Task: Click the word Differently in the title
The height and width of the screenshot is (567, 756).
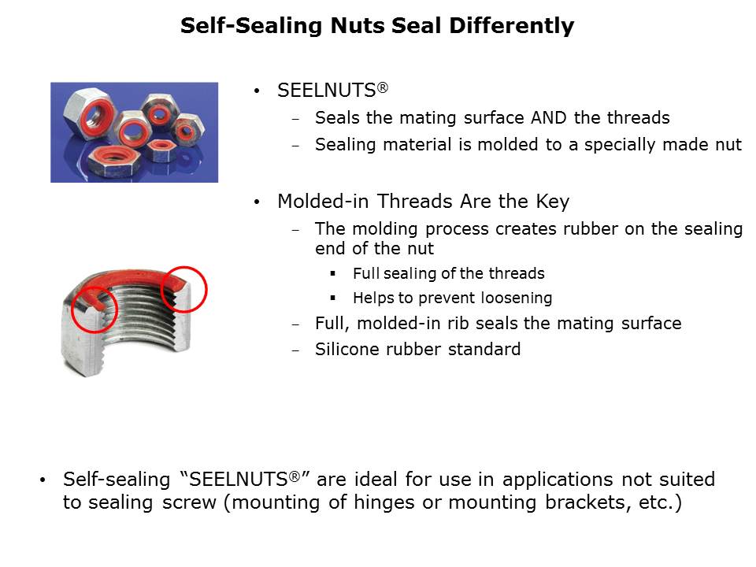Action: pyautogui.click(x=512, y=26)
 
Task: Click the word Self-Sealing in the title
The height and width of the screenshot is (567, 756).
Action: pyautogui.click(x=250, y=26)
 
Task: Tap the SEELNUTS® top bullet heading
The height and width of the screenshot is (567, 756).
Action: pyautogui.click(x=332, y=90)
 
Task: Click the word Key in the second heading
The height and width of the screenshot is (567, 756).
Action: pyautogui.click(x=553, y=202)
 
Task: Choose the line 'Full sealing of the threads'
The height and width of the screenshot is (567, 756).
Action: pyautogui.click(x=448, y=273)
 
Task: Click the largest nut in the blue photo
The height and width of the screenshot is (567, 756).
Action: pyautogui.click(x=88, y=114)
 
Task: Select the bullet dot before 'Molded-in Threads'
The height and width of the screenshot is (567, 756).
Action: pyautogui.click(x=257, y=202)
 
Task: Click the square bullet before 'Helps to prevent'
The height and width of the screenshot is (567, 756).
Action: pyautogui.click(x=332, y=298)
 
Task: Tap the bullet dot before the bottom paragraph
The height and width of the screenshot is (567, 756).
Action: pyautogui.click(x=43, y=480)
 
